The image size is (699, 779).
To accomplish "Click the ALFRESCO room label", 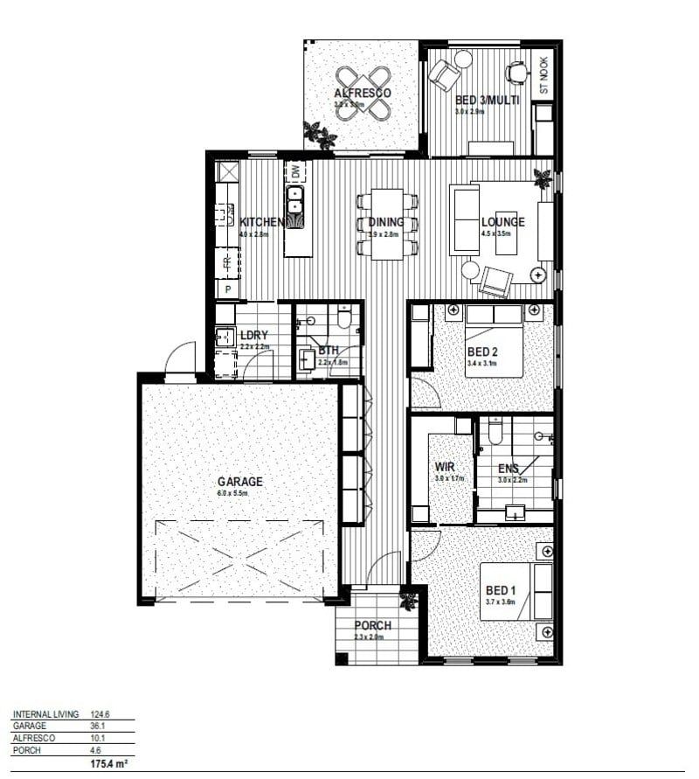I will point(362,93).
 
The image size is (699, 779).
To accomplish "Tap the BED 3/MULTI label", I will point(487,101).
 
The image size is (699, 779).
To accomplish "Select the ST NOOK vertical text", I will point(543,75).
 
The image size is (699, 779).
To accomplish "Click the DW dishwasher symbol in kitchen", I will point(295,171).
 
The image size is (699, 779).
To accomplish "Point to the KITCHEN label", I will point(260,222).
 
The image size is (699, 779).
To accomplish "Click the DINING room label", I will point(384,222).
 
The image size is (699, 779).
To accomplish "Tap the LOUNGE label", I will point(502,222).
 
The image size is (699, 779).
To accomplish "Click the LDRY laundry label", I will point(253,335).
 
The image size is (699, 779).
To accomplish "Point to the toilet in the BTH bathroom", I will point(343,318).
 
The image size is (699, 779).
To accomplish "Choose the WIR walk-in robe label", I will point(444,466).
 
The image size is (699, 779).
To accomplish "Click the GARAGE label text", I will point(239,481).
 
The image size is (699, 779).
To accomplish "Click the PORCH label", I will point(372,625).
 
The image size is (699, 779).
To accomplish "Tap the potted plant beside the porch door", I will point(407,601).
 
